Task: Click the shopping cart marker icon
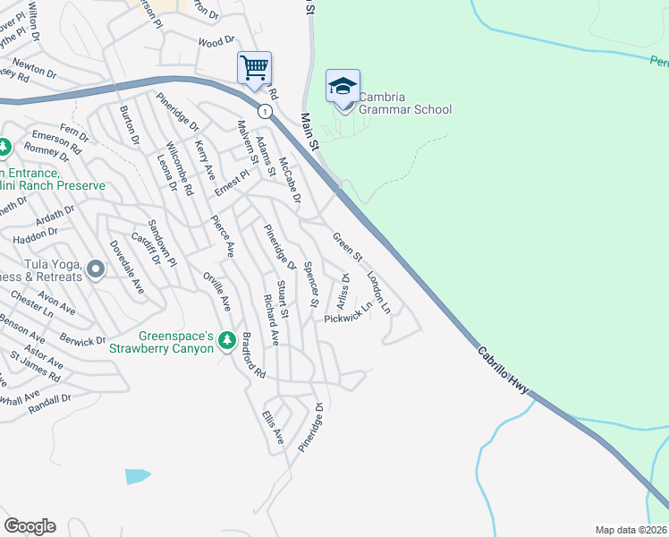(254, 67)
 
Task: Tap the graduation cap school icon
(343, 86)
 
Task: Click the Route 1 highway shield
(265, 111)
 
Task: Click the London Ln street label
(379, 293)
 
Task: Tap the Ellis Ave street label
(272, 428)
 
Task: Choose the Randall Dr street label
(49, 399)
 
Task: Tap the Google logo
(30, 526)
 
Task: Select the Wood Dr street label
(216, 41)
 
